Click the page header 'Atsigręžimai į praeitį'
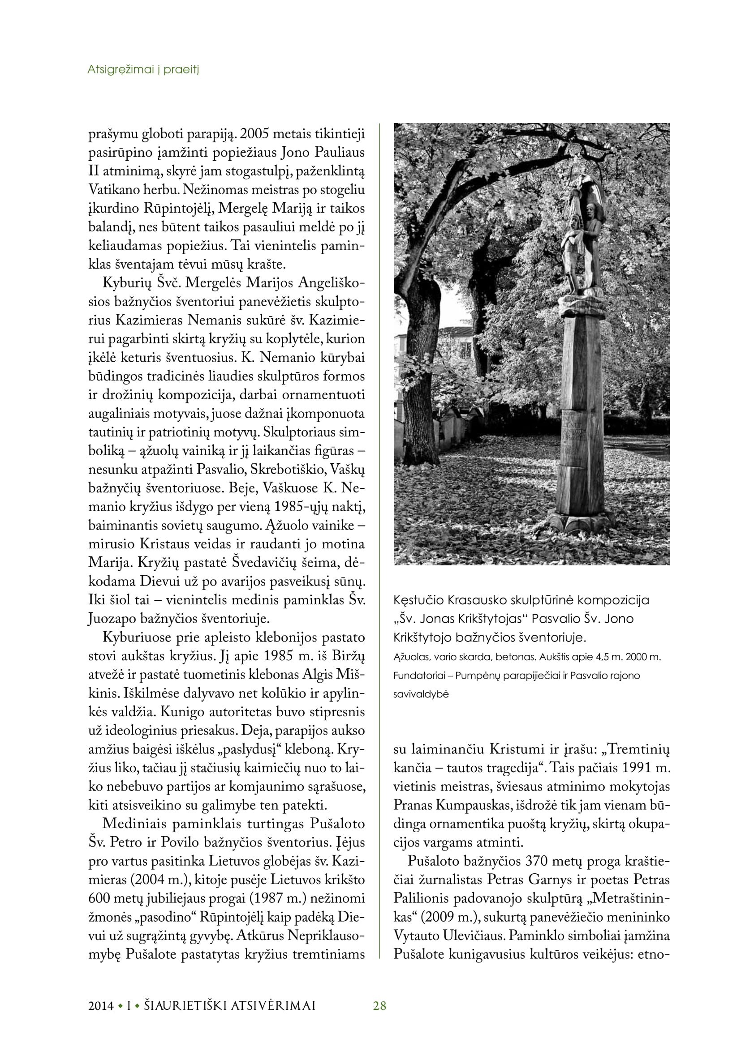click(143, 70)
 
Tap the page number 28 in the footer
click(379, 1005)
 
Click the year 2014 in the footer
click(101, 1005)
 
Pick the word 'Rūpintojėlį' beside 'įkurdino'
click(179, 209)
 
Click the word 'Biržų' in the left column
click(350, 656)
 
